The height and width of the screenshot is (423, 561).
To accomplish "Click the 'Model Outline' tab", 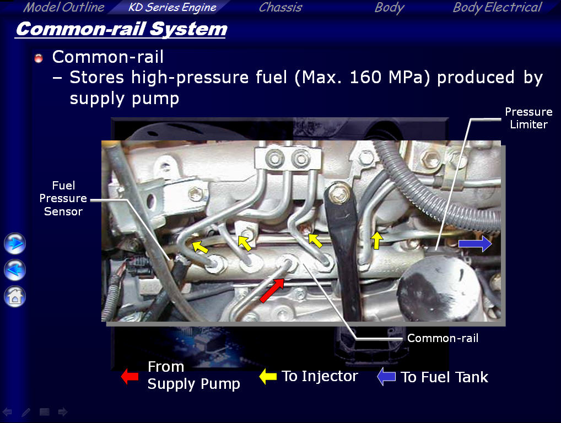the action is pos(64,7).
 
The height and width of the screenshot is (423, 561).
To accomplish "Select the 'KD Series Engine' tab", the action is pos(172,7).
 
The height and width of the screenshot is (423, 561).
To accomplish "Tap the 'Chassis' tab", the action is pos(280,7).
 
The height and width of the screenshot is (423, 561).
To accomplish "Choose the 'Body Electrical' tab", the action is pos(497,7).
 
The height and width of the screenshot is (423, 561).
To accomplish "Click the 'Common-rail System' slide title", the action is pos(121,29).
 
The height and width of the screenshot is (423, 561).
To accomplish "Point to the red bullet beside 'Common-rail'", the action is pos(39,58).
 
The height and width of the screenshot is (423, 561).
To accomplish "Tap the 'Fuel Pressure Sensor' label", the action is pos(63,198).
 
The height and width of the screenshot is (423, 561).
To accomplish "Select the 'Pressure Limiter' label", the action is pos(528,118).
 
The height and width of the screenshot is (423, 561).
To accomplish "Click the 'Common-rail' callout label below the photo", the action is pos(443,338).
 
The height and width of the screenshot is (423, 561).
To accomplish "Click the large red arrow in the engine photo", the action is pos(272,290).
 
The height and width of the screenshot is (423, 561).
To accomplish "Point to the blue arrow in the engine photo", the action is pos(475,243).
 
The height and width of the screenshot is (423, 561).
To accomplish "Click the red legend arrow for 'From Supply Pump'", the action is pos(130,376).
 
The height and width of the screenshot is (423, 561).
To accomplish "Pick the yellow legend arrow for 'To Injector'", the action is pos(268,377).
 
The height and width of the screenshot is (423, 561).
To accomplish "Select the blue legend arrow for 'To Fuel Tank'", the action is pos(386,377).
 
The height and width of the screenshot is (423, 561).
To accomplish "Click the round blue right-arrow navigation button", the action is pos(15,243).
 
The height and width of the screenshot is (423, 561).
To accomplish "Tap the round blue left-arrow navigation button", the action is pos(15,270).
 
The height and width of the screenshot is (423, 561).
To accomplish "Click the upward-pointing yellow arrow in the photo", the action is pos(376,240).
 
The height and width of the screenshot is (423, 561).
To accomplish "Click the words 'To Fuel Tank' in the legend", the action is pos(444,377).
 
